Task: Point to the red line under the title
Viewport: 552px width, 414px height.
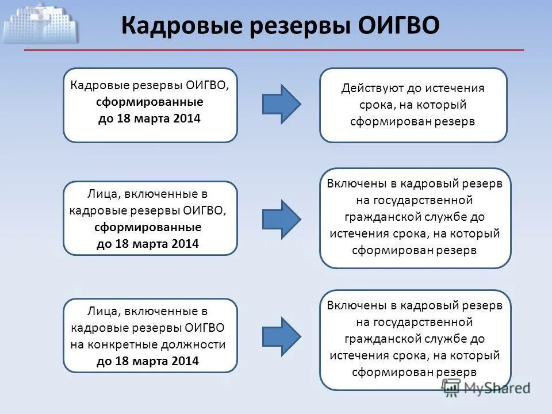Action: [x=274, y=51]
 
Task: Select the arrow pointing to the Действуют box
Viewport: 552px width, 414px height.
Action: [x=281, y=103]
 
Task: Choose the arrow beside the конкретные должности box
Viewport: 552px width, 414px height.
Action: [x=281, y=336]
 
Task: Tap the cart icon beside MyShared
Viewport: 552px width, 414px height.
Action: [x=451, y=388]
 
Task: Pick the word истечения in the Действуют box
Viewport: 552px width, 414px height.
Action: [x=457, y=89]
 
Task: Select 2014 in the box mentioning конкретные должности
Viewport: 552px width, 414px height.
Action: [x=185, y=362]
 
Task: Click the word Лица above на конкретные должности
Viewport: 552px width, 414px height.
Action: [x=102, y=311]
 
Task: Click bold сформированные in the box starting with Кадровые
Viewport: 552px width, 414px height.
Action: [x=149, y=102]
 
